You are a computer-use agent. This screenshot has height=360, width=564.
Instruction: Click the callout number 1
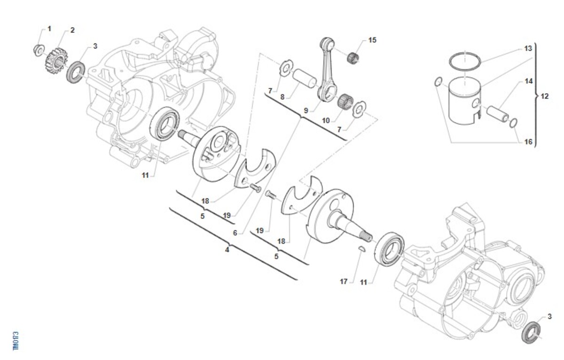tap(49, 29)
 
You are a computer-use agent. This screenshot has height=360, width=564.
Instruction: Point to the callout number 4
tap(227, 250)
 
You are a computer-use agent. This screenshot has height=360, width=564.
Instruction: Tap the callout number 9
tap(305, 111)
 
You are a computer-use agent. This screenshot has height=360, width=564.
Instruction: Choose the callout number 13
tap(528, 48)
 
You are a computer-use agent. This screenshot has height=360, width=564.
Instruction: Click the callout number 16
tap(528, 141)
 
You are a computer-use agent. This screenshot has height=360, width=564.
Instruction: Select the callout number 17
tap(344, 282)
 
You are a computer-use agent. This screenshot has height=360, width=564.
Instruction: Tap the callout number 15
tap(372, 40)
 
